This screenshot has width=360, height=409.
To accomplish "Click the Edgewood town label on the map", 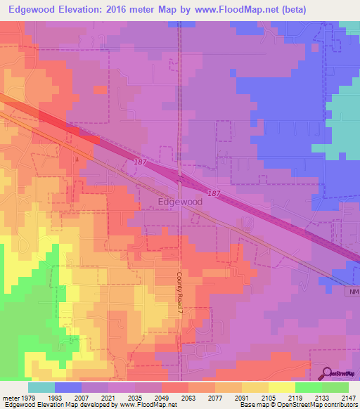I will [181, 201].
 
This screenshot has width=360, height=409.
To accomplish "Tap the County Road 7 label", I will [179, 287].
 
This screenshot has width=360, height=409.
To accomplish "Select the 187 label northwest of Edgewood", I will [140, 162].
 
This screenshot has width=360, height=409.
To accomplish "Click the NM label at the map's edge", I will [353, 290].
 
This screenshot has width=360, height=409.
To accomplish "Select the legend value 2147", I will [348, 397].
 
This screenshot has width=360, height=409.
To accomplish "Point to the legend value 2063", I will [188, 397].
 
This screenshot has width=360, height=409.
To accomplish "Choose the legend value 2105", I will [268, 397].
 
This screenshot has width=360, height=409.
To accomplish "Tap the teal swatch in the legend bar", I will [41, 387].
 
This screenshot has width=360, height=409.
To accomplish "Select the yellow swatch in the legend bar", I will [281, 387].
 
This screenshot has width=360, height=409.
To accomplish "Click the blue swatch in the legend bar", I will [68, 387].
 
